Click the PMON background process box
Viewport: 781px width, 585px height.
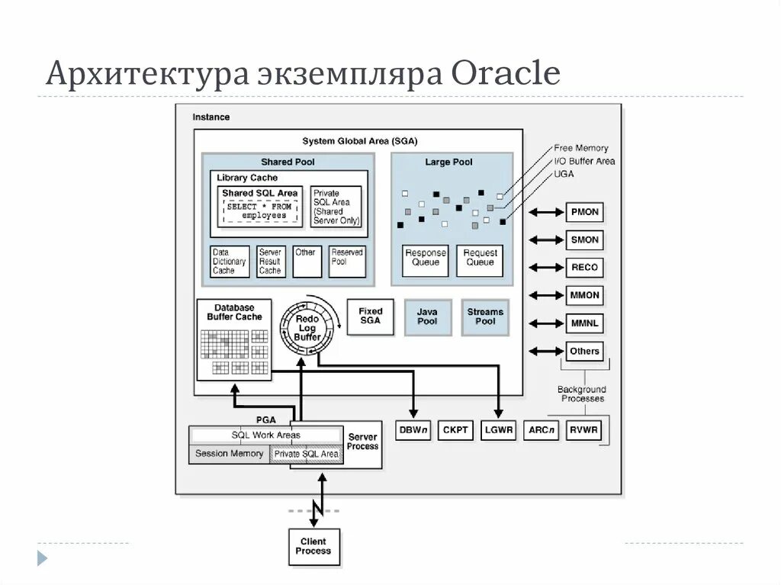click(585, 211)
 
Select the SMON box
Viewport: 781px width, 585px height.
click(585, 239)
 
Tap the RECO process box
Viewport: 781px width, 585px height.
click(585, 268)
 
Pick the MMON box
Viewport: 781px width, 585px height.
click(585, 295)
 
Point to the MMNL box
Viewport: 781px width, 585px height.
click(585, 323)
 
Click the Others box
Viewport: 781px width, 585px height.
click(585, 351)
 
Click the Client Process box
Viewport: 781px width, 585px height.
click(313, 547)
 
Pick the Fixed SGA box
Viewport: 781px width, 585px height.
click(371, 317)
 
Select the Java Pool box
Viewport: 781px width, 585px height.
click(427, 317)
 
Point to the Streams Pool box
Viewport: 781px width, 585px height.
click(485, 317)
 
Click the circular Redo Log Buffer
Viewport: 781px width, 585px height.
click(307, 326)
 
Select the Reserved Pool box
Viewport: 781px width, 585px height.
click(347, 262)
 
